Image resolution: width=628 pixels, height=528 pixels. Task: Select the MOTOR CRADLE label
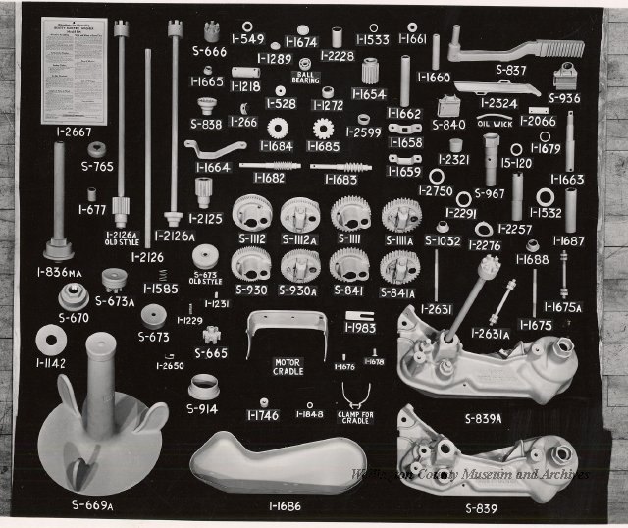[289, 368]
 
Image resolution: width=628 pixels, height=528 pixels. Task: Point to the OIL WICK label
[495, 126]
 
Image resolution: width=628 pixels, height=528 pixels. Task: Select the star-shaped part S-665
[209, 332]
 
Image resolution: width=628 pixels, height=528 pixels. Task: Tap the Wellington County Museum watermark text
[470, 475]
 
